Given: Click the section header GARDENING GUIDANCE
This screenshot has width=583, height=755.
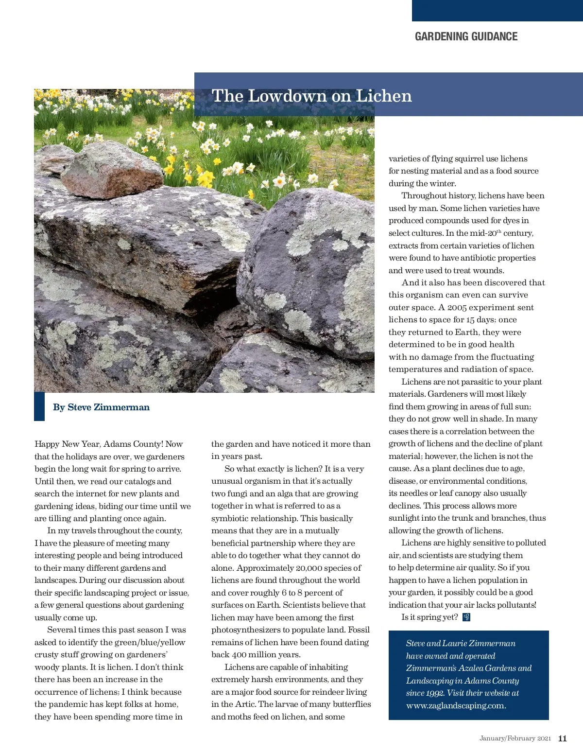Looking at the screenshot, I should click(466, 36).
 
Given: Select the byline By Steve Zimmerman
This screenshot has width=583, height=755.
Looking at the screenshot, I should click(101, 407).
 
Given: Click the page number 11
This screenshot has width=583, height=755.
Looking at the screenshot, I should click(562, 738).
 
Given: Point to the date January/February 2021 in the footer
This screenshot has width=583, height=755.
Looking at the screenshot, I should click(515, 738).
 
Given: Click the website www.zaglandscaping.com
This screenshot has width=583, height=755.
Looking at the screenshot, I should click(456, 706).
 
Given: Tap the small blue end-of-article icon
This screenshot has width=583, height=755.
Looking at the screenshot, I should click(466, 617).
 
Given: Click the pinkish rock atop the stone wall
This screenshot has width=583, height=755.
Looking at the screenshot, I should click(112, 170).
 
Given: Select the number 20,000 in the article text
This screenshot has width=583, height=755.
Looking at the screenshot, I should click(309, 568).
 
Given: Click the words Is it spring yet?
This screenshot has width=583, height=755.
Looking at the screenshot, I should click(429, 617).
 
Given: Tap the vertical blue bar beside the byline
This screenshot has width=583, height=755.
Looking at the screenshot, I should click(39, 406).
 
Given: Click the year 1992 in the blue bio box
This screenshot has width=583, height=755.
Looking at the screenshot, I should click(434, 693).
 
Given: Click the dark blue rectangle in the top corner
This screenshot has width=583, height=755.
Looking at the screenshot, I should click(497, 10).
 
